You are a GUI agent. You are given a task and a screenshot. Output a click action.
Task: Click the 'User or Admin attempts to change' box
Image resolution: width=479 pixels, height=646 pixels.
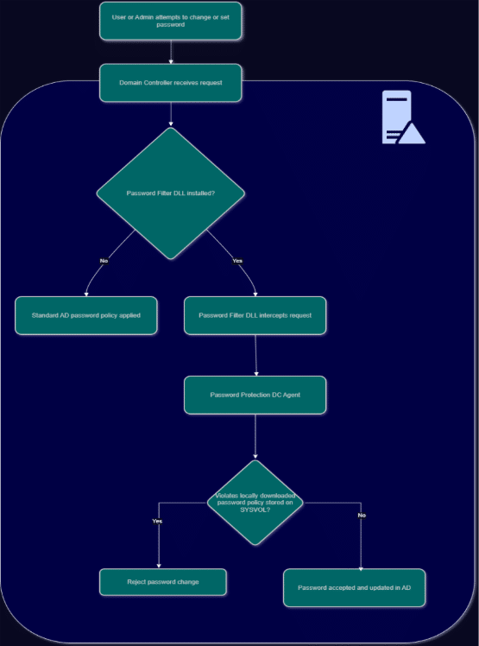[171, 21]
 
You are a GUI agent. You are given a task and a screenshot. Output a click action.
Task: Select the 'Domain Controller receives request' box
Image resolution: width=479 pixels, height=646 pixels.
[171, 83]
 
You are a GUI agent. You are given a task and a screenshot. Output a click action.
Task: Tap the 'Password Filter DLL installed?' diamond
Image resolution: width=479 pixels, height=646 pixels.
[171, 193]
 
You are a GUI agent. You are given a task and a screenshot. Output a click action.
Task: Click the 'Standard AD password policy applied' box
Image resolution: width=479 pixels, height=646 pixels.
[86, 315]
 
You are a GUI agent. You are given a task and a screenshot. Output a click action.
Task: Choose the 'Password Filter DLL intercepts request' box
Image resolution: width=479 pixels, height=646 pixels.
[255, 315]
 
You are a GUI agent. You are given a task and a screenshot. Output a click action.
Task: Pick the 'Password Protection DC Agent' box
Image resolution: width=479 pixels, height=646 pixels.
[255, 395]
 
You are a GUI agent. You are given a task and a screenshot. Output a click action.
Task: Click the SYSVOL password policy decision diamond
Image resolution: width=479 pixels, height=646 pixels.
[255, 503]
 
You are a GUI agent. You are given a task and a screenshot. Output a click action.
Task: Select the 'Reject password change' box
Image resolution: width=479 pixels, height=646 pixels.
[163, 582]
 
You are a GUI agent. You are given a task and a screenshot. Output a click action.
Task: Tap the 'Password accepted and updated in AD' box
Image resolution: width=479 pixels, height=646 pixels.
[354, 588]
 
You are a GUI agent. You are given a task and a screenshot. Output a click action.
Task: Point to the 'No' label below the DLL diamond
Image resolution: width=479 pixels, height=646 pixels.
[104, 261]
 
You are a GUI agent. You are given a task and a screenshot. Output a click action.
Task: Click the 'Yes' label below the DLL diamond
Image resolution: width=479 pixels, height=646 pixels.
[237, 261]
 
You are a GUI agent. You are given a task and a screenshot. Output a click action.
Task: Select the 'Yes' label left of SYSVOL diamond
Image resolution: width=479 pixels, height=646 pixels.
[157, 521]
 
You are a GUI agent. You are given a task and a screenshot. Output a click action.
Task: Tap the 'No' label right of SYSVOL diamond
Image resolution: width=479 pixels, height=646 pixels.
[362, 516]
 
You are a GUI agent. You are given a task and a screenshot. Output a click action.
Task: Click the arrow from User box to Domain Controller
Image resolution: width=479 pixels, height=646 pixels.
[171, 52]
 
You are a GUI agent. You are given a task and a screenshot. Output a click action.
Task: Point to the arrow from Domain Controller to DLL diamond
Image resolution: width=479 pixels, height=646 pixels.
[171, 114]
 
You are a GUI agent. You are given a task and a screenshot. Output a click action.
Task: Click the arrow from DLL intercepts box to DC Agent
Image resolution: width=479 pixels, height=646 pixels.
[255, 355]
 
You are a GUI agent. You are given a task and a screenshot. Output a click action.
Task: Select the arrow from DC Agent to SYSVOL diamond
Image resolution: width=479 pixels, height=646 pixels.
[255, 436]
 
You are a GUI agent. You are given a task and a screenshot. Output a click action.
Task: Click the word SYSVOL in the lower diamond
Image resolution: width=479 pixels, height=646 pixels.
[255, 510]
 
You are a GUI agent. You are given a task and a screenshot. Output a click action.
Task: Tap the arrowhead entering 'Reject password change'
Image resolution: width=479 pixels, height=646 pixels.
[159, 567]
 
